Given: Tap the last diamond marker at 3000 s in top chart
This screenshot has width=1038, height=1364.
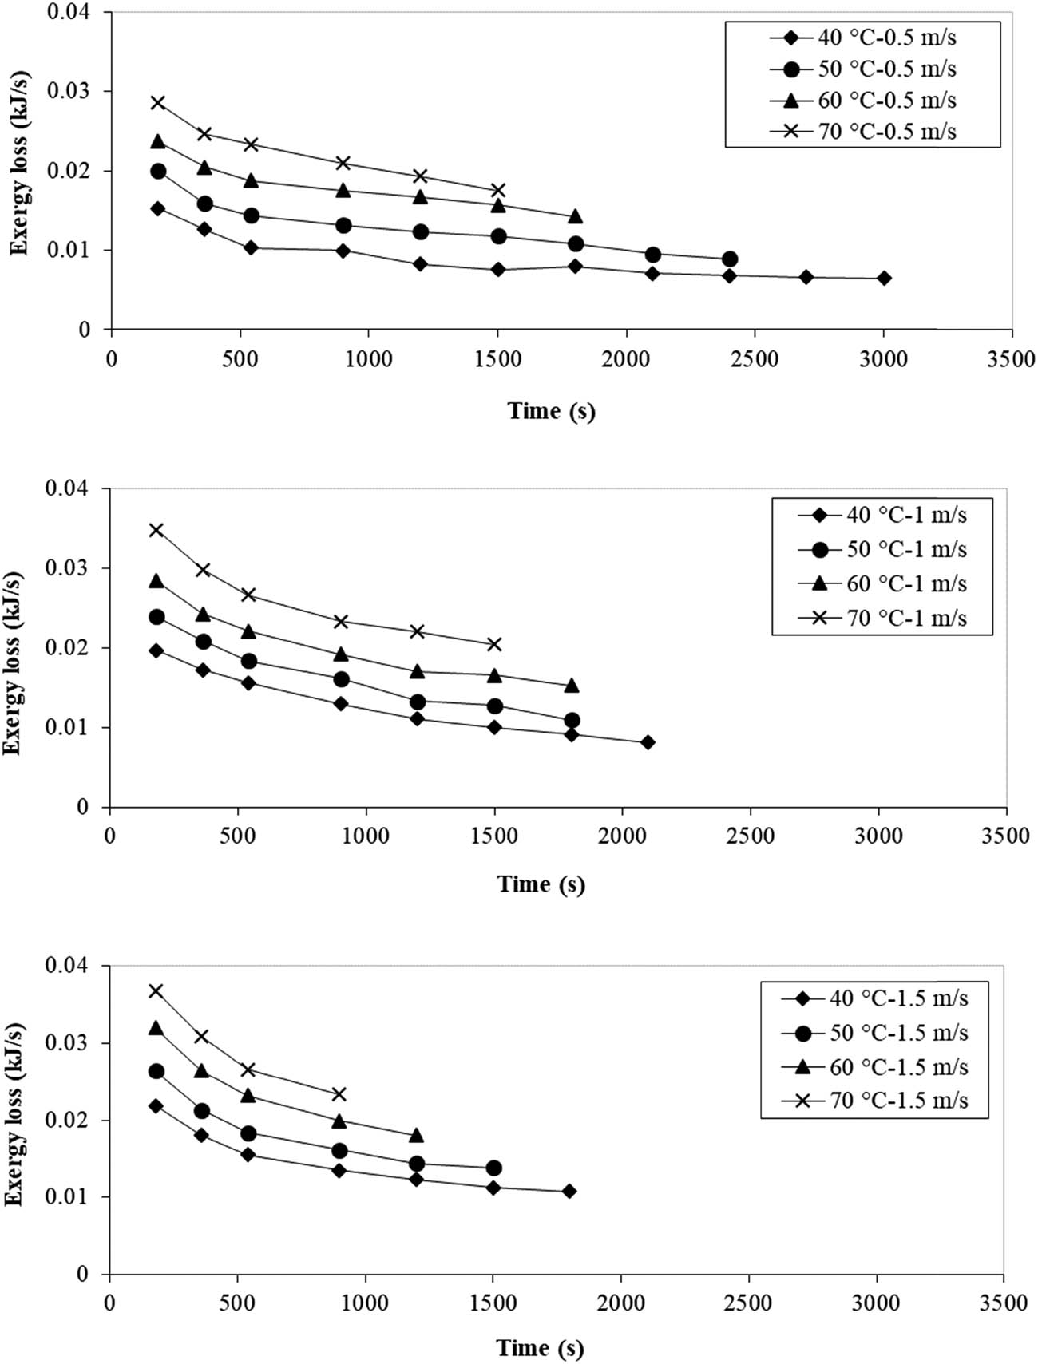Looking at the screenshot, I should point(884,278).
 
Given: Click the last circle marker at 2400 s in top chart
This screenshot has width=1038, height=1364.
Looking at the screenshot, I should point(729,259).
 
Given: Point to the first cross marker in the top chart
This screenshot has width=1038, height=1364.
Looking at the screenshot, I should point(157,102).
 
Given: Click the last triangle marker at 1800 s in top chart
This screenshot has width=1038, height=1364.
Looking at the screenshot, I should point(575,216).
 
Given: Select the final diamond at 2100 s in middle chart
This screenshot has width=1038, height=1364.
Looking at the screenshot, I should point(648,742).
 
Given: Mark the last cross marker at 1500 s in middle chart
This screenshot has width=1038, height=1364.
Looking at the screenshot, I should point(494,644).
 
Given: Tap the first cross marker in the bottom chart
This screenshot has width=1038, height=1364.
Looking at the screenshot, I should point(156,990).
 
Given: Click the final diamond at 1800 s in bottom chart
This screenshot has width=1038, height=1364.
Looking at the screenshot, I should point(569,1191).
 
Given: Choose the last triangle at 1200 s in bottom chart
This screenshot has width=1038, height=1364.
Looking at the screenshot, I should point(416,1135).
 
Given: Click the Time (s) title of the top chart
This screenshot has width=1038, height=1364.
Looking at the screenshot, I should point(551,411).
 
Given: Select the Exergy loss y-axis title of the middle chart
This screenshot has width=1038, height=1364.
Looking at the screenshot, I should point(12,662).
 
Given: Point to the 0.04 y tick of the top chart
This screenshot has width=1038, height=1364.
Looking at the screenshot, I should point(68,13).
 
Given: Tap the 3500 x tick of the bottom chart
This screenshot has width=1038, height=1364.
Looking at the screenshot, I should point(1004,1303).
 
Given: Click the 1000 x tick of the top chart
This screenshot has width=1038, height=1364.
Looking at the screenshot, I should point(368,359).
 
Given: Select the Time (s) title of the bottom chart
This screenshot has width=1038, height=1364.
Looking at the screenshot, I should point(540,1348).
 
